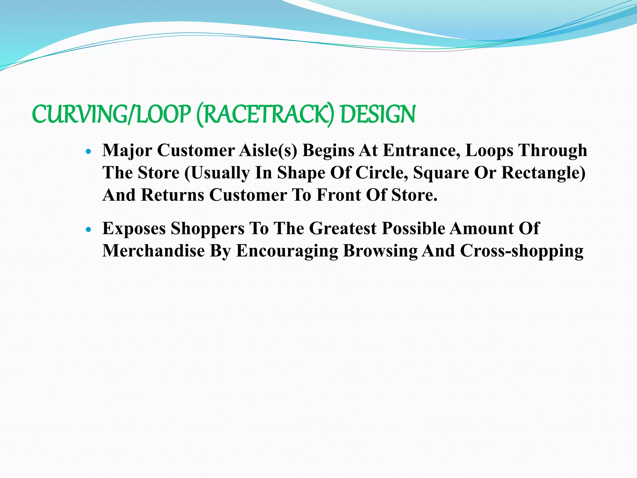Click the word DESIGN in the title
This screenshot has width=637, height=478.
pos(378,114)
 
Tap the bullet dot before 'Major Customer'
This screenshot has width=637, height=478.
pos(89,152)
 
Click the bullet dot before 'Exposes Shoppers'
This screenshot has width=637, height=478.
pos(89,230)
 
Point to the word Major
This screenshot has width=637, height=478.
pos(127,151)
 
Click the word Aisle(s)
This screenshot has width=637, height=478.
pos(268,151)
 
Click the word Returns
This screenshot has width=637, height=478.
pos(172,195)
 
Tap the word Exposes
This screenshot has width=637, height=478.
pos(134,229)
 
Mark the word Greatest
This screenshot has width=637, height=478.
pos(343,229)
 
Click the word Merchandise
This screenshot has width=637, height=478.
pos(154,251)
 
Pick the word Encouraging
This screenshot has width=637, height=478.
pos(287,251)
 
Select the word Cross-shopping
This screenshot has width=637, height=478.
pos(522,251)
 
